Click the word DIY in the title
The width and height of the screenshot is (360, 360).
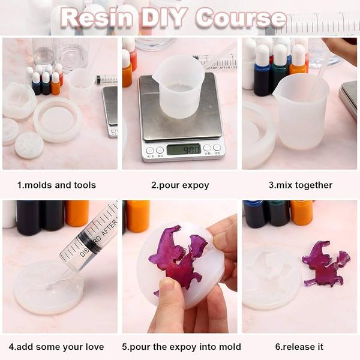pos(163,17)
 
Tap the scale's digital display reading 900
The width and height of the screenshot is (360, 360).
pos(184,149)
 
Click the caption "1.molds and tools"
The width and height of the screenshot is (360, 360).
pos(56,185)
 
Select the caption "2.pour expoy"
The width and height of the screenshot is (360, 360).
pos(180,185)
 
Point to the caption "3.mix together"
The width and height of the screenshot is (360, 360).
pos(301,185)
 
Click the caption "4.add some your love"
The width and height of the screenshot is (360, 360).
pos(56,347)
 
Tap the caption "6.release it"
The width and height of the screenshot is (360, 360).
pos(299,347)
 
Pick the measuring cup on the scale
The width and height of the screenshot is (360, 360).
pos(179,86)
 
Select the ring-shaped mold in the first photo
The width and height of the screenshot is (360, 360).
pos(58,119)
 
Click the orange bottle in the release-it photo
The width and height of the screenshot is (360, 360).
pos(301,213)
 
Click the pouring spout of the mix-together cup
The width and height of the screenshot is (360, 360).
pos(277,89)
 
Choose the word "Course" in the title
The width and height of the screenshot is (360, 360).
pos(241,17)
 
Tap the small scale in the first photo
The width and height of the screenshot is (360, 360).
pos(110,112)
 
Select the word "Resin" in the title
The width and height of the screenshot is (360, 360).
pos(97,17)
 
